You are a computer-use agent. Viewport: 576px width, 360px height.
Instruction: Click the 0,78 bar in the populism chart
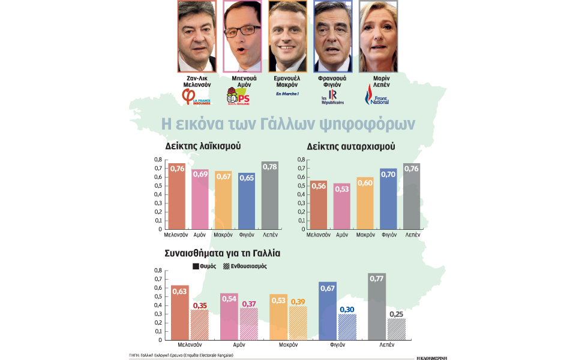pyautogui.click(x=270, y=196)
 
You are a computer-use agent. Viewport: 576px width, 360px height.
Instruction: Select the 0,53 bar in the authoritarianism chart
pyautogui.click(x=342, y=206)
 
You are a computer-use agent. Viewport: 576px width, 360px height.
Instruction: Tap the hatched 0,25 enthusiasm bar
pyautogui.click(x=397, y=329)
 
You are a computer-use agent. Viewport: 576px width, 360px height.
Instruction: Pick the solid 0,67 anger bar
pyautogui.click(x=328, y=311)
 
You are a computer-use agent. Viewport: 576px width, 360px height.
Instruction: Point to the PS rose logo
pyautogui.click(x=238, y=96)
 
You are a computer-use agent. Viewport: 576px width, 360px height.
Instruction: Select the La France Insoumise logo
pyautogui.click(x=196, y=97)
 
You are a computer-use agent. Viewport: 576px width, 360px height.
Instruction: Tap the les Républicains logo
pyautogui.click(x=333, y=97)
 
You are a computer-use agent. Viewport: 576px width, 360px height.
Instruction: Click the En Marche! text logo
pyautogui.click(x=287, y=94)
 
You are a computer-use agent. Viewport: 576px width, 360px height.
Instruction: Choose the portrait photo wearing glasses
pyautogui.click(x=242, y=36)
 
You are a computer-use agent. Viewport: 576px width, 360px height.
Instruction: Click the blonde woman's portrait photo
pyautogui.click(x=379, y=36)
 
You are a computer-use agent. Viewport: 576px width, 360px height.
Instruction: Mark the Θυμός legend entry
pyautogui.click(x=204, y=266)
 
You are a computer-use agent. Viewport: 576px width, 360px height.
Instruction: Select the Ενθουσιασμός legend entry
pyautogui.click(x=245, y=266)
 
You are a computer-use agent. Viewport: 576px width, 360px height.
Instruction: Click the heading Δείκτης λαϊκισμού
pyautogui.click(x=203, y=146)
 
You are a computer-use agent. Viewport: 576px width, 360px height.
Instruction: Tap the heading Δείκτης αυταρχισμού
pyautogui.click(x=351, y=146)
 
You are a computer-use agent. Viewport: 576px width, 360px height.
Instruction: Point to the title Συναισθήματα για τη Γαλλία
pyautogui.click(x=222, y=253)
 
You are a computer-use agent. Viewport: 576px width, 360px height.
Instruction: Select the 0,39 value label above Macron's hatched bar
pyautogui.click(x=298, y=302)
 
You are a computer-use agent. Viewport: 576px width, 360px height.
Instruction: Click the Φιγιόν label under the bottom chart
pyautogui.click(x=338, y=345)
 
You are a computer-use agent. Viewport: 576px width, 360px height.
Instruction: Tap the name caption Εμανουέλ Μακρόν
pyautogui.click(x=287, y=82)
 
